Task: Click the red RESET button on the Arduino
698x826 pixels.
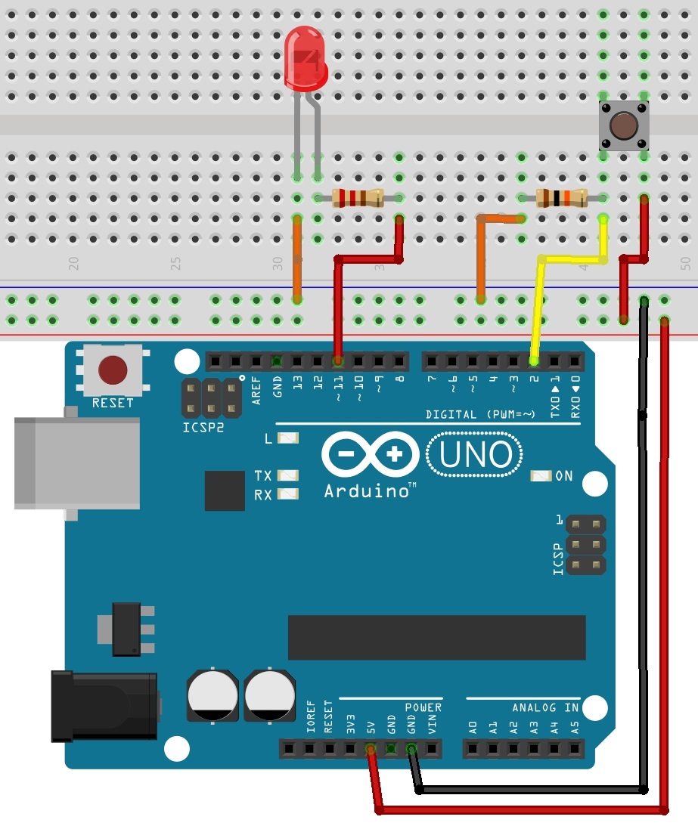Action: [112, 370]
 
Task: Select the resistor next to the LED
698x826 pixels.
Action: [358, 198]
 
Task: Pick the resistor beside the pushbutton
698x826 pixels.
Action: [561, 199]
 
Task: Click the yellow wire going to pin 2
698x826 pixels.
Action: [538, 302]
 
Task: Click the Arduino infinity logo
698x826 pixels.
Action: [370, 455]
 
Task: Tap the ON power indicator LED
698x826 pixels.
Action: [540, 476]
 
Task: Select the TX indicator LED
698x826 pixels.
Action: [287, 475]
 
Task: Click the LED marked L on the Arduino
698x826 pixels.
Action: [287, 438]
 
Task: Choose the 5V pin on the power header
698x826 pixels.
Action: [371, 749]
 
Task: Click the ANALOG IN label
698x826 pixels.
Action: [545, 708]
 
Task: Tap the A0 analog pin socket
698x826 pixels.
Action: [473, 749]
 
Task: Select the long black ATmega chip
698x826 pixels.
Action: [436, 637]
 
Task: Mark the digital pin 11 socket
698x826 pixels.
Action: [338, 360]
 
